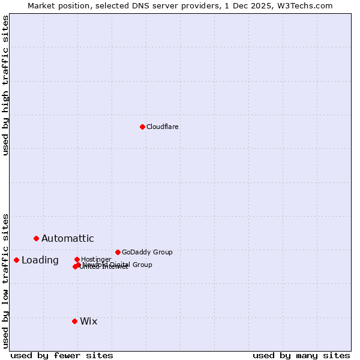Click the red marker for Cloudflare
[142, 127]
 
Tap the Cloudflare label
[163, 127]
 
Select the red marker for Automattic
[36, 238]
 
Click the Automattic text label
[68, 238]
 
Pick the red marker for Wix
[74, 321]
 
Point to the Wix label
[89, 321]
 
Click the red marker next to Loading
[16, 260]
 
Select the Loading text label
[40, 260]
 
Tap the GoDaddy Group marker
[118, 252]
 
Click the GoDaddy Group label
[147, 252]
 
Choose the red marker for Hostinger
[77, 259]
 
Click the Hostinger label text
[97, 259]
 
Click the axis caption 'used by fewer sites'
[62, 355]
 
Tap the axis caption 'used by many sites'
[301, 355]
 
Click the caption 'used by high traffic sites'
[5, 85]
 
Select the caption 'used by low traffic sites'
[5, 280]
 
